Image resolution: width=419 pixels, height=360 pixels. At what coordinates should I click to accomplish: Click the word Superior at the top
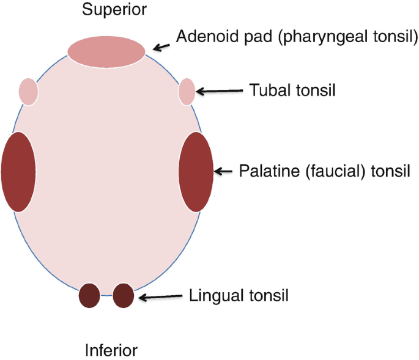point(106,10)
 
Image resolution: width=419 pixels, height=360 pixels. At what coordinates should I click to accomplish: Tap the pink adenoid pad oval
point(106,51)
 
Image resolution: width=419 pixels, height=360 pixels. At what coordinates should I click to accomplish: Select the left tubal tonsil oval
point(29,92)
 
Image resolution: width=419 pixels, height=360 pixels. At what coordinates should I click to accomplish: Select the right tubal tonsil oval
point(187,92)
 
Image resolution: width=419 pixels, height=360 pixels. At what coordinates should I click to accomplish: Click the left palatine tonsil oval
point(18,172)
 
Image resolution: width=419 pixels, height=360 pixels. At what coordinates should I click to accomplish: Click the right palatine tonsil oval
point(196,171)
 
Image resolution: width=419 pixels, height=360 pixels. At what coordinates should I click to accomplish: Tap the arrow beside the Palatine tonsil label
point(224,171)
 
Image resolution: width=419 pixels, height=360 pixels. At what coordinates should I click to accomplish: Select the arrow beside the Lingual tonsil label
point(161,297)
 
